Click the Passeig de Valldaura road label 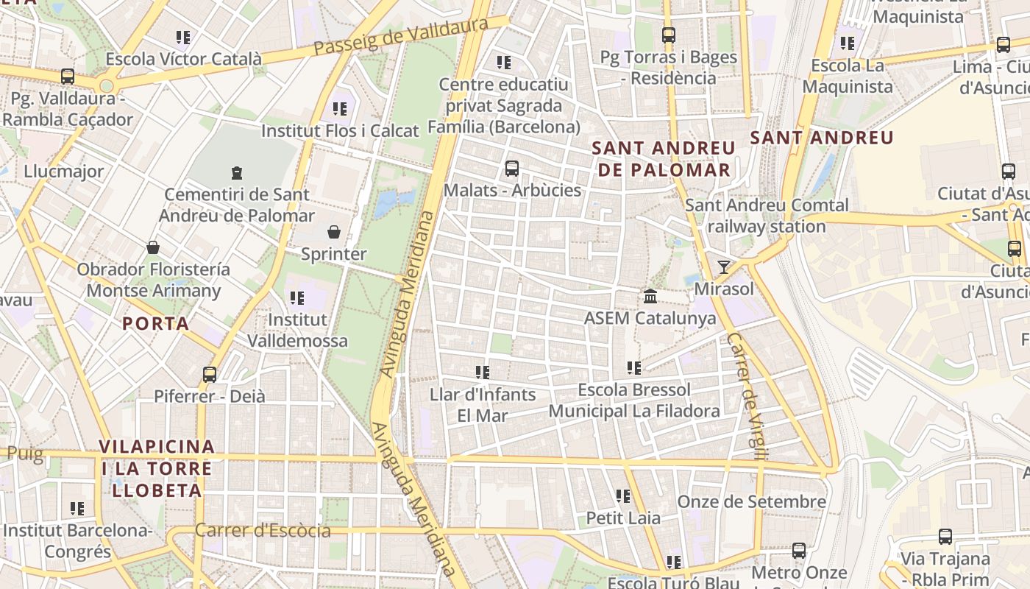[401, 37]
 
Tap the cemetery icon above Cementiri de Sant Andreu [237, 173]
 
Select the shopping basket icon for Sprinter [334, 233]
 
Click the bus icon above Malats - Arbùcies [512, 169]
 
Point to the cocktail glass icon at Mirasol [724, 267]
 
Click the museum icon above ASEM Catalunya [650, 297]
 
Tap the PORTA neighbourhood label [156, 323]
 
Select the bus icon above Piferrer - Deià [210, 375]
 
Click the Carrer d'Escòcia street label [263, 530]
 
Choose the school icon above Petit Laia [623, 496]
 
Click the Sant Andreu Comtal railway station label [767, 216]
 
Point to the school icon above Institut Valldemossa [297, 298]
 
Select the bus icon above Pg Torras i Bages [668, 35]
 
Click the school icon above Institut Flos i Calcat [340, 109]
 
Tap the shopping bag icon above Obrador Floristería [153, 247]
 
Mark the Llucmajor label [64, 172]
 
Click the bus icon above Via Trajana [945, 537]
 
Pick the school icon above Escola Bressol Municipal [634, 367]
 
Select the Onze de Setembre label [751, 502]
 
